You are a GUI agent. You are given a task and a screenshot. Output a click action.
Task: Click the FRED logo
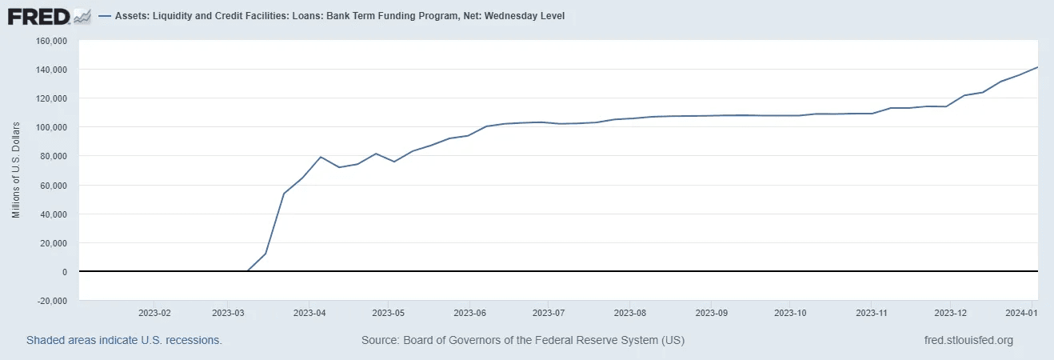coord(49,16)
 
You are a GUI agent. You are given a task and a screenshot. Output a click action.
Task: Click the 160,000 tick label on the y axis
coord(50,41)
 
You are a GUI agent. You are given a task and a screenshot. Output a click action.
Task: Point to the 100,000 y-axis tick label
coord(50,127)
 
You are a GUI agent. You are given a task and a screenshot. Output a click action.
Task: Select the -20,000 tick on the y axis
coord(50,301)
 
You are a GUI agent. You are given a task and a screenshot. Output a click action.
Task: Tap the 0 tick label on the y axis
coord(65,272)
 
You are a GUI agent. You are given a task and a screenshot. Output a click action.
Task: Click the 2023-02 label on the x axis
coord(154,312)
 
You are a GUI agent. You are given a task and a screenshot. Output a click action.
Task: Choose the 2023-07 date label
coord(549,312)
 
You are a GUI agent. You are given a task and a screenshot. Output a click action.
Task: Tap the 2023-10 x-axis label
coord(789,312)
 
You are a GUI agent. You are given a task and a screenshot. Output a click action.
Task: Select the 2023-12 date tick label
coord(950,312)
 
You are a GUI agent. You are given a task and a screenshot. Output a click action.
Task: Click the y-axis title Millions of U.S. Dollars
coord(15,170)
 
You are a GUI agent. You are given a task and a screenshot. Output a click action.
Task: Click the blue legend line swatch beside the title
coord(104,16)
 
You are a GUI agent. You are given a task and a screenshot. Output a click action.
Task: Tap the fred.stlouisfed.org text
coord(968,340)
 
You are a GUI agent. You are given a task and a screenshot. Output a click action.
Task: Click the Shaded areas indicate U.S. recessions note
coord(124,340)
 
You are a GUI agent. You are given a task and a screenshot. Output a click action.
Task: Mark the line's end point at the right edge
coord(1037,67)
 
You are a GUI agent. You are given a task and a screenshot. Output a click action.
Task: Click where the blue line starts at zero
coord(248,271)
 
